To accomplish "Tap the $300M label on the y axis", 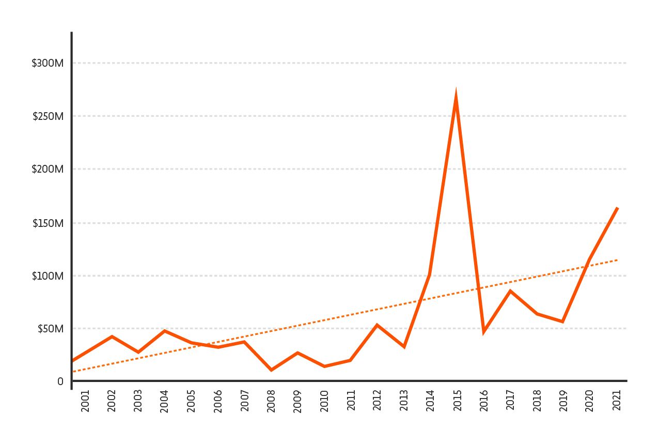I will click(x=48, y=63).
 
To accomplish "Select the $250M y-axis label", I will click(x=48, y=116).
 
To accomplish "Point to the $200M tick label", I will click(x=48, y=169).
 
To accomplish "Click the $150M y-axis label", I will click(x=48, y=223).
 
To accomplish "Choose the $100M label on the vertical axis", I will click(x=48, y=276).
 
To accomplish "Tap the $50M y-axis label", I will click(x=50, y=329).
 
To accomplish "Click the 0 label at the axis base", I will click(x=60, y=381).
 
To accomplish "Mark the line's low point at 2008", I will click(x=271, y=370).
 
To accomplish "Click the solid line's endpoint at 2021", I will click(x=617, y=208).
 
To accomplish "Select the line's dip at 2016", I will click(x=484, y=331).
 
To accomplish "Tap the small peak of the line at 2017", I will click(x=510, y=291).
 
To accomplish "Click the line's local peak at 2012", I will click(x=377, y=325).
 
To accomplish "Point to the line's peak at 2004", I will click(x=164, y=330).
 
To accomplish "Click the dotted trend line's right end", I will click(x=617, y=260).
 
